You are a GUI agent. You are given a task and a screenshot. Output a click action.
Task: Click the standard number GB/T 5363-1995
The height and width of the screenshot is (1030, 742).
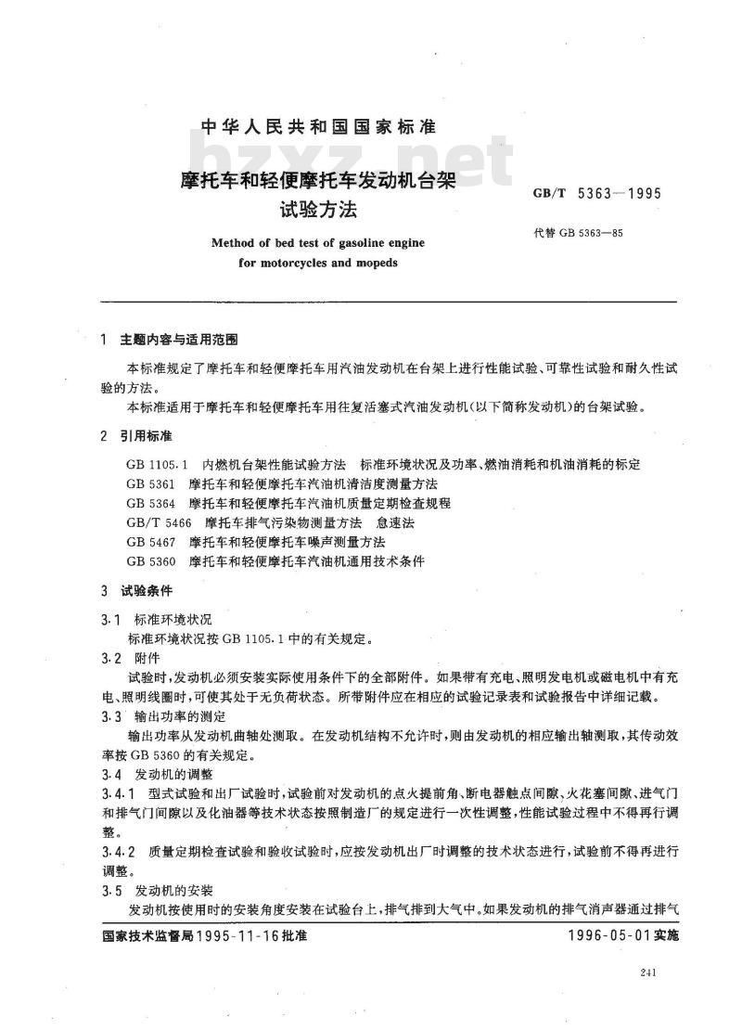595,196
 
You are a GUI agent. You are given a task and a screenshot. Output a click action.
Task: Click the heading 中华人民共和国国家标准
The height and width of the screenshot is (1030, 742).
317,126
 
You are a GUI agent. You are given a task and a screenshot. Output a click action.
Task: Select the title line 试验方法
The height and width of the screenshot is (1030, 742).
318,212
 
